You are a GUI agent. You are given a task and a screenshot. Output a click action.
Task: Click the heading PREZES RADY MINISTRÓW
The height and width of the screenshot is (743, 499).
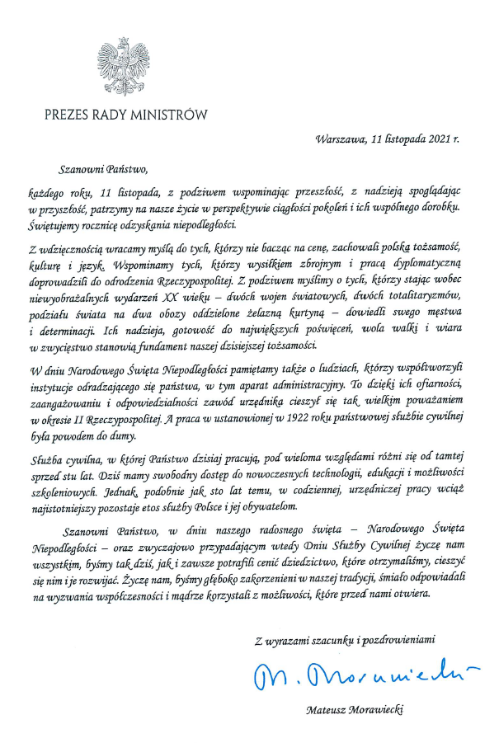126,115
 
